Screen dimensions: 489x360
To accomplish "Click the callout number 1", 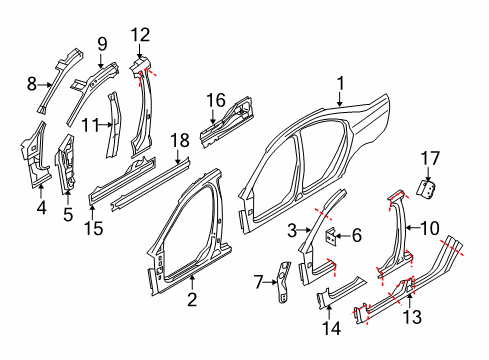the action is [x=340, y=84].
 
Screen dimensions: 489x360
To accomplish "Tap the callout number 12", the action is [x=140, y=35].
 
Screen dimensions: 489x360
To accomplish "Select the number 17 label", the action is [x=430, y=159].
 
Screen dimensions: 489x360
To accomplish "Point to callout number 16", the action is [x=216, y=100].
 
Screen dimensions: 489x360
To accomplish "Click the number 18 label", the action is [x=180, y=140].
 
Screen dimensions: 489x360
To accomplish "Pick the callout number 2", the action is [x=192, y=300].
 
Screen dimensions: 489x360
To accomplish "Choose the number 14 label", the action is [x=332, y=328].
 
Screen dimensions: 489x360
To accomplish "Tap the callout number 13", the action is [x=412, y=317].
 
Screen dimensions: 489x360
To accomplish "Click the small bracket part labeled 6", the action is [x=331, y=236].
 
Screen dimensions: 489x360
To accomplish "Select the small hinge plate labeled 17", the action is [x=427, y=190].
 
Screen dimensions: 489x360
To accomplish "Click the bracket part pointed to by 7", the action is [x=283, y=282].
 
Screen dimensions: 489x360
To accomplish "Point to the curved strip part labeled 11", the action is [x=113, y=125].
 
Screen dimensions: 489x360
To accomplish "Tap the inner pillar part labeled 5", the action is [x=67, y=164].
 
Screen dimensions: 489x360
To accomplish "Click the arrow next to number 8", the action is [x=45, y=85].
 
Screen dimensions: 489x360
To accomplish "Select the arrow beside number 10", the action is [x=413, y=228].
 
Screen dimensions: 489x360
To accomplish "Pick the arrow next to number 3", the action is [x=304, y=230].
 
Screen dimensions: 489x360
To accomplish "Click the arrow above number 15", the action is [x=93, y=213].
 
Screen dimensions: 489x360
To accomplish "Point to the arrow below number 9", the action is [x=101, y=60].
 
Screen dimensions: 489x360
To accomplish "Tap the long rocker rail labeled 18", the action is [x=151, y=184].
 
